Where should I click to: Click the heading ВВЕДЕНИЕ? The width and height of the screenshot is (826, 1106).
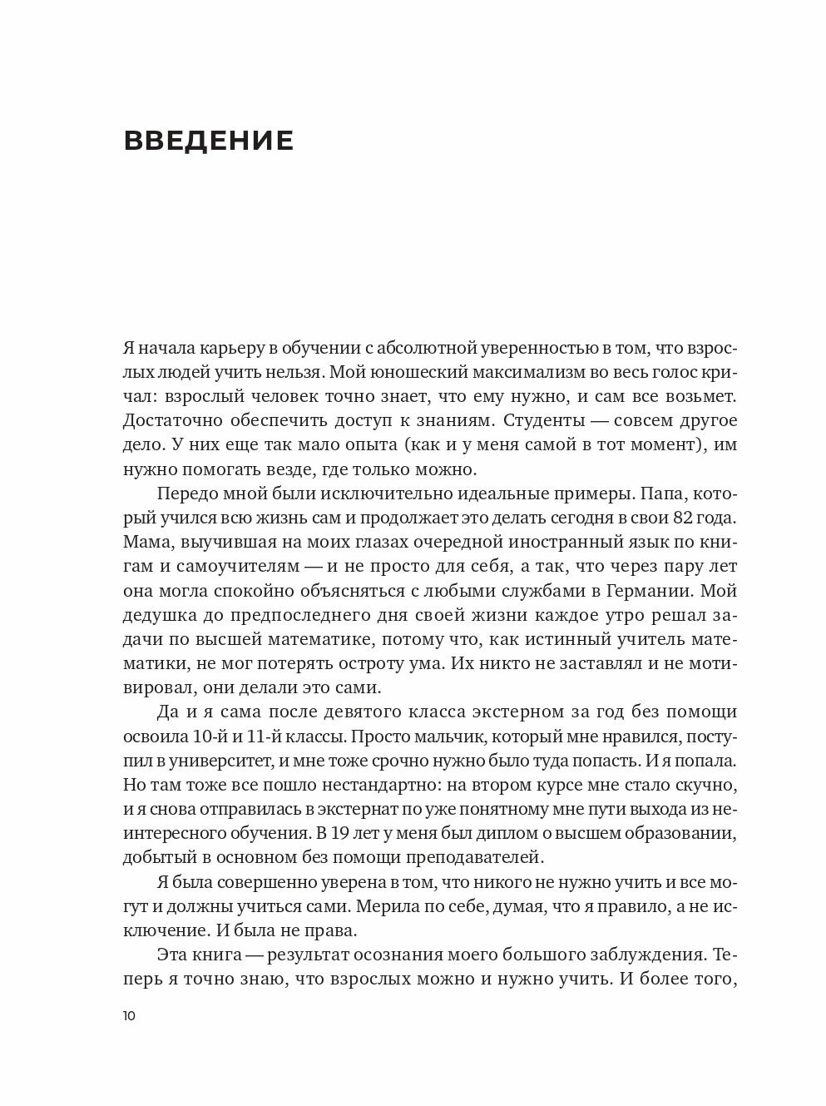point(208,141)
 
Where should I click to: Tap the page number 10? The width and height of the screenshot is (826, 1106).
point(130,1016)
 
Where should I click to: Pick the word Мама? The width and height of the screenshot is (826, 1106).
point(145,543)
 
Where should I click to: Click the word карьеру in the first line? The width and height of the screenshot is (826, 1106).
point(234,348)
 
